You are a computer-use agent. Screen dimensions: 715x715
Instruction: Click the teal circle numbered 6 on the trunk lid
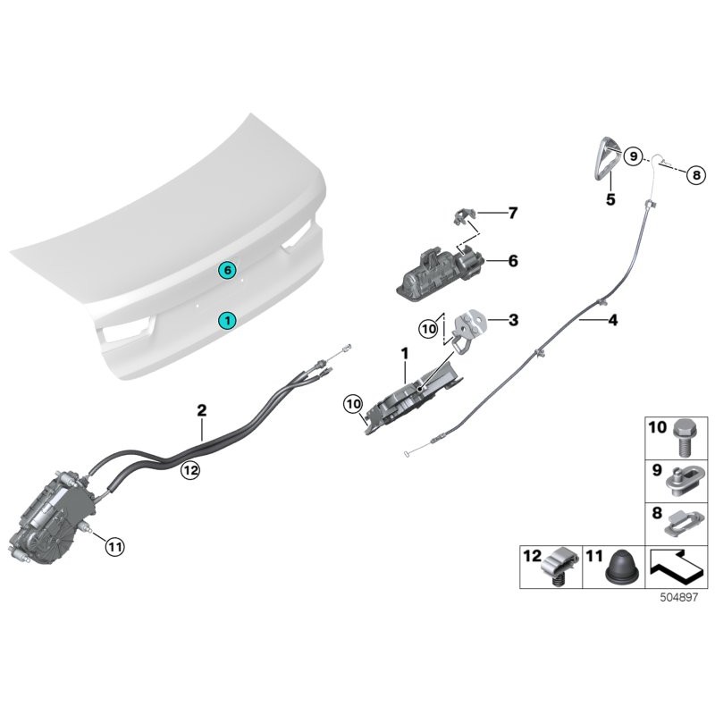tap(228, 269)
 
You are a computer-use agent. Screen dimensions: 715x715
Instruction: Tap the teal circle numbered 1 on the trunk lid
tap(228, 319)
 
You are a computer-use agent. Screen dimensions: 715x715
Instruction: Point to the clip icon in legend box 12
tap(559, 568)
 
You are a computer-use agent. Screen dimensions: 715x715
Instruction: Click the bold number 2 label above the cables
tap(202, 410)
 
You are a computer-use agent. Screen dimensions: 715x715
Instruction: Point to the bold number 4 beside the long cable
tap(612, 319)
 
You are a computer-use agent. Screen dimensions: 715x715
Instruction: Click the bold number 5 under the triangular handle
tap(610, 200)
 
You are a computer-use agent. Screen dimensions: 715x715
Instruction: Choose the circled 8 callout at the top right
tap(695, 176)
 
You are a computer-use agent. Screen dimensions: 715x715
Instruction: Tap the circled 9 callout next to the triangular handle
tap(634, 156)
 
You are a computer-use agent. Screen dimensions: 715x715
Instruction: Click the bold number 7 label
tap(513, 214)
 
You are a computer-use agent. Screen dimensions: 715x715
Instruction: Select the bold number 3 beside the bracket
tap(513, 319)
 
